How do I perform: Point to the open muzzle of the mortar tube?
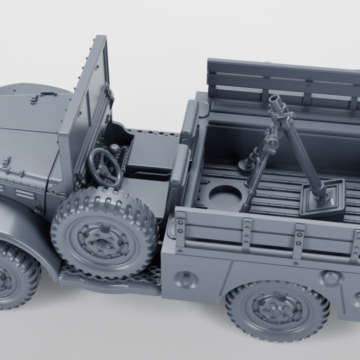tap(274, 100)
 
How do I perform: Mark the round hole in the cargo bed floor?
tap(224, 196)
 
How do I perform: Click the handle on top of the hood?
tap(48, 93)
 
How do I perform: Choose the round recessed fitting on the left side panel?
tap(186, 279)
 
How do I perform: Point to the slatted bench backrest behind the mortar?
tap(282, 80)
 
